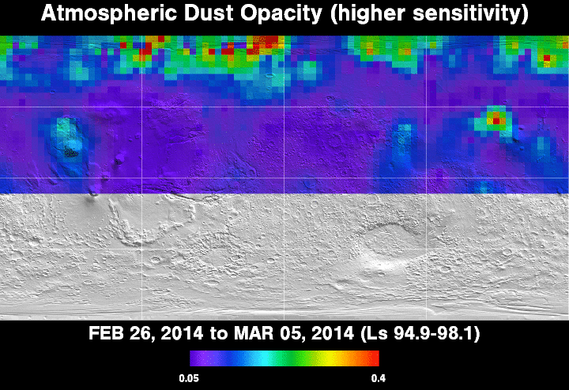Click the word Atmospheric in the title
(x=109, y=13)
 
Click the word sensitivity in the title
(x=470, y=13)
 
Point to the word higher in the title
(x=367, y=13)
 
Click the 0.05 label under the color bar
(x=189, y=379)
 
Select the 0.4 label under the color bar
(x=379, y=379)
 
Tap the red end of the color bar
(x=375, y=358)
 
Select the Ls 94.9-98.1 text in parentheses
(x=420, y=333)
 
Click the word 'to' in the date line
(x=218, y=333)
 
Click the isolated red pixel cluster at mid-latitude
(x=496, y=118)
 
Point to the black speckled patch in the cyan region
(x=71, y=152)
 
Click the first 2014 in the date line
(x=182, y=333)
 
